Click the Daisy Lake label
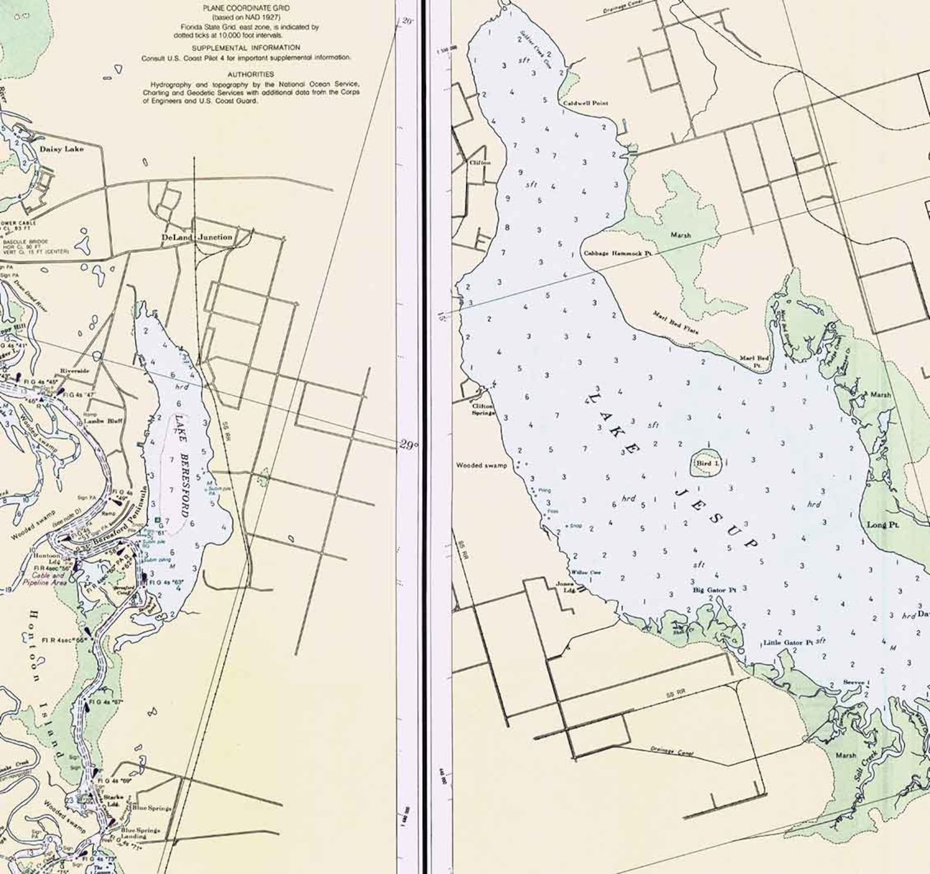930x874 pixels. tap(61, 149)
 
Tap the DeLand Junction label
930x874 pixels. tap(197, 237)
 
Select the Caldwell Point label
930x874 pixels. tap(586, 103)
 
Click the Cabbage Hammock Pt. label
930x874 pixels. tap(618, 254)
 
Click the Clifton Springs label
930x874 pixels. tap(484, 409)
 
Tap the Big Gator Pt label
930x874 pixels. tap(714, 590)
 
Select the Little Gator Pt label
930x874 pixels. tap(788, 643)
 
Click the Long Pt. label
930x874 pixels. tap(883, 525)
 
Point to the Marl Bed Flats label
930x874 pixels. tap(676, 323)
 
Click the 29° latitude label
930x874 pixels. tap(408, 445)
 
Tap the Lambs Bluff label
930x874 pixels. tap(102, 421)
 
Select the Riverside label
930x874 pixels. tap(74, 371)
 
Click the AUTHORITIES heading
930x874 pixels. tap(251, 74)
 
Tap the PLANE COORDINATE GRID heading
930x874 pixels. tap(246, 8)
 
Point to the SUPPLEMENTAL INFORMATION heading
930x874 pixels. tap(246, 47)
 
